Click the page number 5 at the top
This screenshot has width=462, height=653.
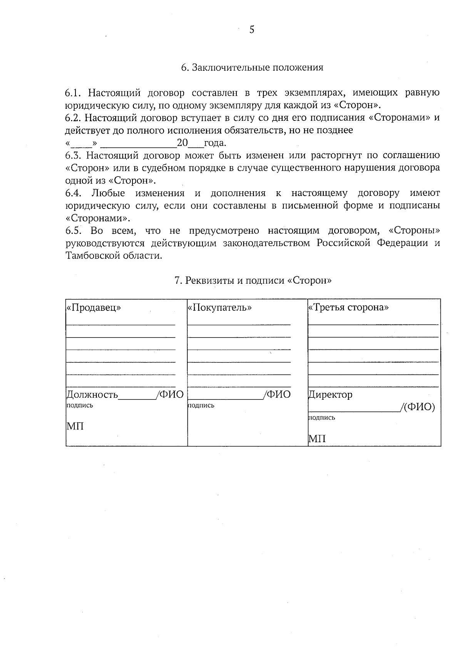point(252,30)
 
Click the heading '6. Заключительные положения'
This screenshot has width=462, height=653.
point(252,68)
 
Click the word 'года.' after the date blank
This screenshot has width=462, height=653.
point(215,143)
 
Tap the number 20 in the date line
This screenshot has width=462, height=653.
point(182,143)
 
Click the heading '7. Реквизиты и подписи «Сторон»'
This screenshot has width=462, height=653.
point(253,281)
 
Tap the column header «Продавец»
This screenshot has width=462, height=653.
point(94,308)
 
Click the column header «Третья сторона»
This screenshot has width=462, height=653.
point(348,308)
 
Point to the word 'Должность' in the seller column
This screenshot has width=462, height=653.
point(92,395)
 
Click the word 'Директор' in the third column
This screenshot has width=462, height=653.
point(330,395)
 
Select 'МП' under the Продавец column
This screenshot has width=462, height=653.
point(75,426)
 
